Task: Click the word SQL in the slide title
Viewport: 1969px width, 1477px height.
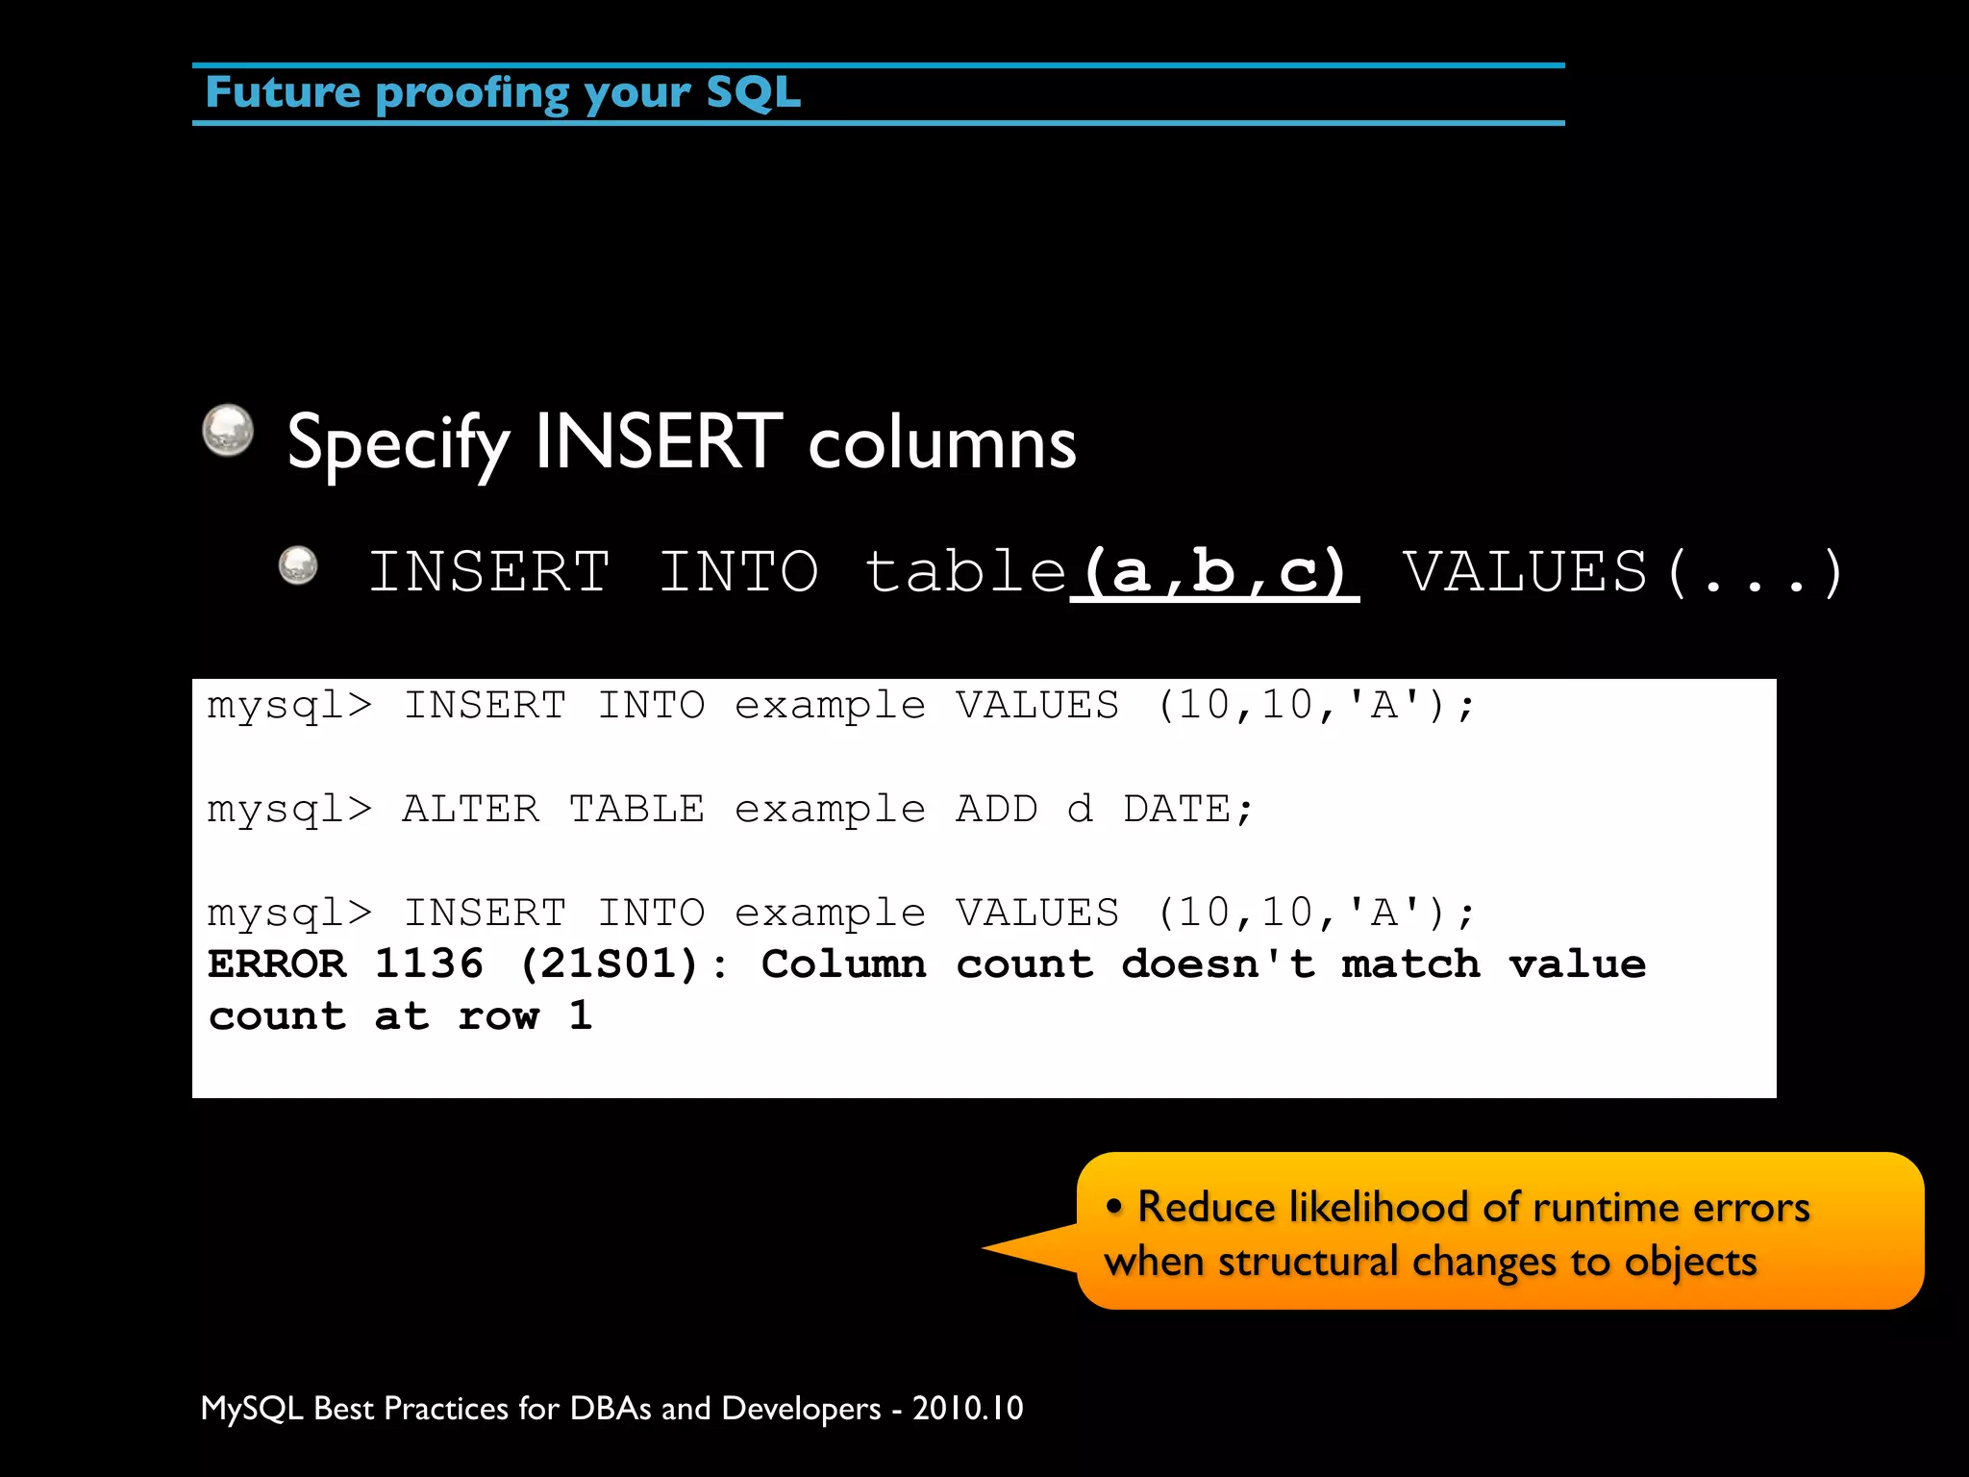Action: click(753, 93)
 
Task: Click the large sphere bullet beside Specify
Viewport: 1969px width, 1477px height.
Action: click(228, 430)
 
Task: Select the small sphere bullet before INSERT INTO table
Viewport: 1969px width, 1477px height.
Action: click(298, 565)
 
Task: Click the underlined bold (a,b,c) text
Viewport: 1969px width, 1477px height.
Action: click(1215, 572)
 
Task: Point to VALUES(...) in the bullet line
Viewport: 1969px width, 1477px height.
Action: click(1622, 572)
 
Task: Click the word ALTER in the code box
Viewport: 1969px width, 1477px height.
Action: click(470, 810)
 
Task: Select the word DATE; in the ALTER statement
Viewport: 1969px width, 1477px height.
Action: click(1188, 810)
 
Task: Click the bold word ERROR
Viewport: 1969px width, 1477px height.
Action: click(277, 964)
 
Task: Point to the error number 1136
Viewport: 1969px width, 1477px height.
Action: click(429, 964)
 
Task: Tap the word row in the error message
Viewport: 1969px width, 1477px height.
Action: click(498, 1016)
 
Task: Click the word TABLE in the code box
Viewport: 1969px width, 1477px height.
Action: click(636, 810)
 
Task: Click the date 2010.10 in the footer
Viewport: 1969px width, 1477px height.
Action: click(967, 1409)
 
